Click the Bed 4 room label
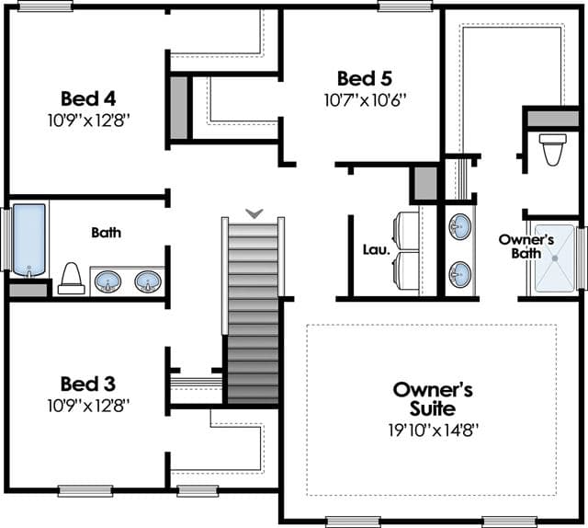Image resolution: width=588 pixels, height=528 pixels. [88, 98]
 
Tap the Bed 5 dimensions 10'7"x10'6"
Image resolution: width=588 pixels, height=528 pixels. [366, 100]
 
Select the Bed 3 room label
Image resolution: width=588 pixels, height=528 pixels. [88, 384]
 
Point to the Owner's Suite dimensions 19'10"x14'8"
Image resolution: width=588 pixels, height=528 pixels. [434, 430]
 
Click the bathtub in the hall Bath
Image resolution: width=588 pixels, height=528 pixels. [28, 240]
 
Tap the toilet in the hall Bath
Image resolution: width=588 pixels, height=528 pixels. [72, 279]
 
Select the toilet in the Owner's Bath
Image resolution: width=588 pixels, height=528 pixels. [553, 149]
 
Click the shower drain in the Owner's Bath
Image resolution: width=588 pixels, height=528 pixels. [555, 258]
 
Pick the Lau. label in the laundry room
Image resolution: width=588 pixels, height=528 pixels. [377, 249]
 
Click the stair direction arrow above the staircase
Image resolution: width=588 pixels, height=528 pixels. [254, 213]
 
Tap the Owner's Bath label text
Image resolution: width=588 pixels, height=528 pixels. [526, 247]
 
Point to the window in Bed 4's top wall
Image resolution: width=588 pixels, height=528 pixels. [45, 6]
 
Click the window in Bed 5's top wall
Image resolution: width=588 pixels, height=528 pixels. [405, 6]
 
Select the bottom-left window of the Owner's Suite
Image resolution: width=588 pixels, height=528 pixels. [353, 522]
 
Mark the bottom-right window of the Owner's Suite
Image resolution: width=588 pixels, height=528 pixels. [509, 522]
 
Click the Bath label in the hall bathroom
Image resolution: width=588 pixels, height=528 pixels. [107, 233]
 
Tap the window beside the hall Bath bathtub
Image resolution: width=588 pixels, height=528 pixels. [6, 239]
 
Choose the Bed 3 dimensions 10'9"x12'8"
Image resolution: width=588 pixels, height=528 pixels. [88, 406]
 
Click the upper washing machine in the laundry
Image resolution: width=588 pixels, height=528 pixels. [406, 231]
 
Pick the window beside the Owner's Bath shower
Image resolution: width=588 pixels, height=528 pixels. [582, 258]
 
